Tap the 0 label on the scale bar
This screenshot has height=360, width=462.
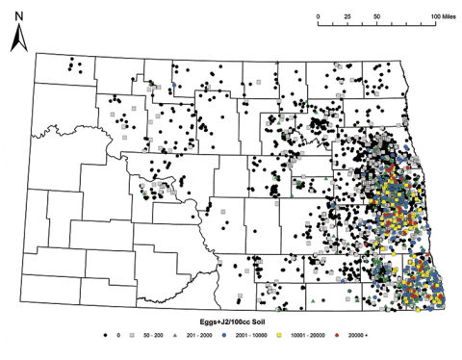318,18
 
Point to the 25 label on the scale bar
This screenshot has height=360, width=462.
346,18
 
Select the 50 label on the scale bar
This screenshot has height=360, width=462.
375,18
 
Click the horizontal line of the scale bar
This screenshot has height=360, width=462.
375,26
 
